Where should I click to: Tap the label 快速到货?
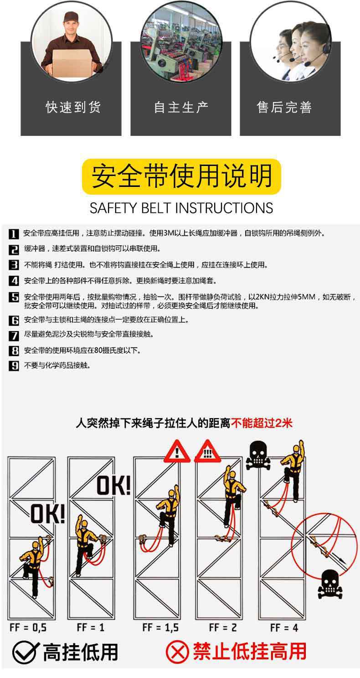coord(73,108)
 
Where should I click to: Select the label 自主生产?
coord(181,108)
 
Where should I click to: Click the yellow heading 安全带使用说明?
coord(181,177)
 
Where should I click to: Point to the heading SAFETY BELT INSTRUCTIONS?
coord(181,208)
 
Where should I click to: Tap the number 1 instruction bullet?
coord(14,234)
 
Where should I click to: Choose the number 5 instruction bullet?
coord(14,298)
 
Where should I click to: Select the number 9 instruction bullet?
coord(14,366)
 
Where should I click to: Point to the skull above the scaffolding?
coord(258,455)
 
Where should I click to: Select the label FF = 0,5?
coord(28,627)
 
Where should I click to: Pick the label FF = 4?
coord(284,627)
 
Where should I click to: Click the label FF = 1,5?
coord(160,627)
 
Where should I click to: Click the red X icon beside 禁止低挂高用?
coord(177,652)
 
